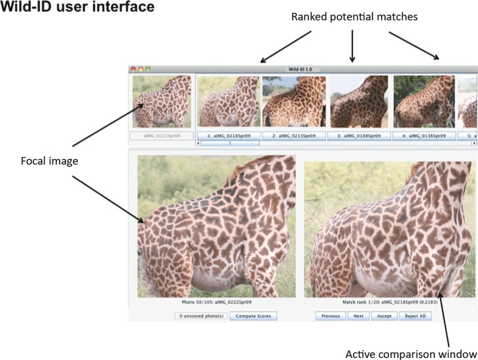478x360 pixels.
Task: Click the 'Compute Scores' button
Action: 253,315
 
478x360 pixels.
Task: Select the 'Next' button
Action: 359,315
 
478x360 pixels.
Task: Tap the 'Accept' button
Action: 384,315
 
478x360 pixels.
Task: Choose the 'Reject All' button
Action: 415,315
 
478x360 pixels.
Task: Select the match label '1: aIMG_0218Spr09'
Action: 229,135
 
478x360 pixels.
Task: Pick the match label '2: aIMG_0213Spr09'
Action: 294,135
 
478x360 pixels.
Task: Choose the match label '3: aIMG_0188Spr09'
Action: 359,135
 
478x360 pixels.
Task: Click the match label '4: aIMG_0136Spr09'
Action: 424,135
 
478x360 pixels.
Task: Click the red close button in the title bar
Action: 134,68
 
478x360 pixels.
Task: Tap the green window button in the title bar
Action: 148,68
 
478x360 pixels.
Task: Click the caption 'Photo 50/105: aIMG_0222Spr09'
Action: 217,303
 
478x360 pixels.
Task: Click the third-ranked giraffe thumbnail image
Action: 359,101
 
